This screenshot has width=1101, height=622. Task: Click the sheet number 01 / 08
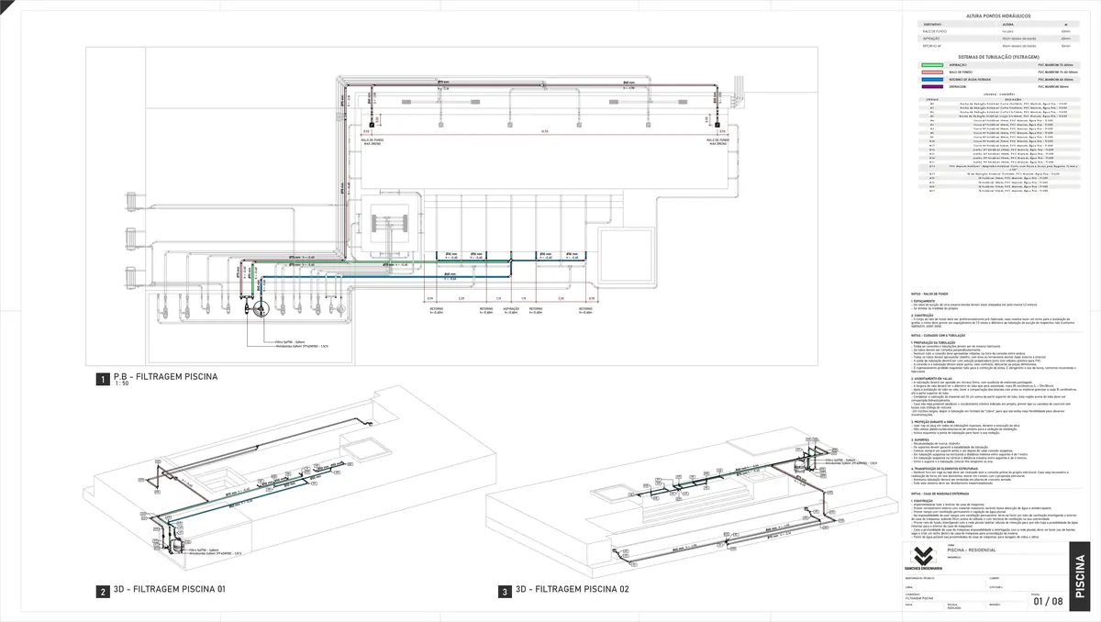[1048, 602]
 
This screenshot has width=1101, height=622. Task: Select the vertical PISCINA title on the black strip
[1082, 574]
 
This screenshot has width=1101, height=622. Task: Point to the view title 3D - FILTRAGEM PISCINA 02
[572, 590]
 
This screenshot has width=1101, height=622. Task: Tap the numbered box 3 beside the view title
[504, 592]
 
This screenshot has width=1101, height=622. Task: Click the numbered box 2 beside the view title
[103, 592]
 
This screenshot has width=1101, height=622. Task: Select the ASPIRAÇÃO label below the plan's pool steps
[511, 310]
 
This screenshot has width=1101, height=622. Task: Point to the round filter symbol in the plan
[258, 308]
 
